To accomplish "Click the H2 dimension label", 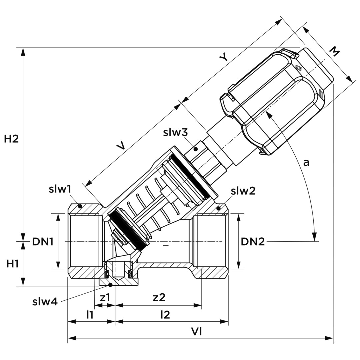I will (11, 139).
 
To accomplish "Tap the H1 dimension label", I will (13, 264).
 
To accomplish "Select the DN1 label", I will (43, 242).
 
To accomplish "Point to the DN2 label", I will (253, 242).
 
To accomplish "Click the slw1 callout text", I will (60, 189).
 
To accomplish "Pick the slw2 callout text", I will (243, 191).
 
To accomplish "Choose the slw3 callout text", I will (175, 132).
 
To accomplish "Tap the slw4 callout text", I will (45, 302).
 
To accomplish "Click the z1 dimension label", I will (105, 297).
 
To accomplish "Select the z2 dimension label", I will (159, 297).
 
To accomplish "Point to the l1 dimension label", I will (90, 314).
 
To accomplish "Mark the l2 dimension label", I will (165, 314).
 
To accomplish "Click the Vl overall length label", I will (197, 331).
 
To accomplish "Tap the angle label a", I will (306, 162).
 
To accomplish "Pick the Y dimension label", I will (224, 57).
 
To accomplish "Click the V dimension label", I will (122, 145).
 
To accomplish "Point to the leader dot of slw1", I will (80, 206).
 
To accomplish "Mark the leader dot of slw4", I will (110, 285).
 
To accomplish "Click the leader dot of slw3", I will (196, 149).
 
